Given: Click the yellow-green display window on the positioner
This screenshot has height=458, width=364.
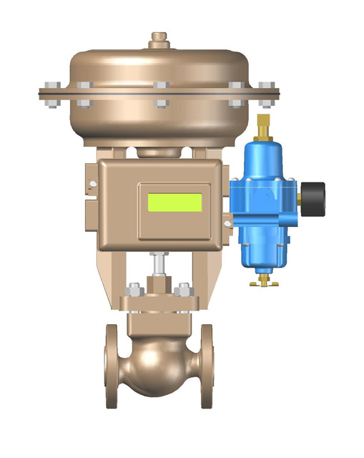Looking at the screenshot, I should click(174, 202).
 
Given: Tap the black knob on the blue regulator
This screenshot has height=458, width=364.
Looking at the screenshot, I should click(314, 198).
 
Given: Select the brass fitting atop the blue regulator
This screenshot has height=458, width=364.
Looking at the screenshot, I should click(263, 125).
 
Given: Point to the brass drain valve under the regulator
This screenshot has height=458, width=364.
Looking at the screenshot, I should click(262, 281).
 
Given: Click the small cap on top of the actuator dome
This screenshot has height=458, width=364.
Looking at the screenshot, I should click(159, 39).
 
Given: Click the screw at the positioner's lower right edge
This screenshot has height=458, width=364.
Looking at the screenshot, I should click(227, 224).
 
